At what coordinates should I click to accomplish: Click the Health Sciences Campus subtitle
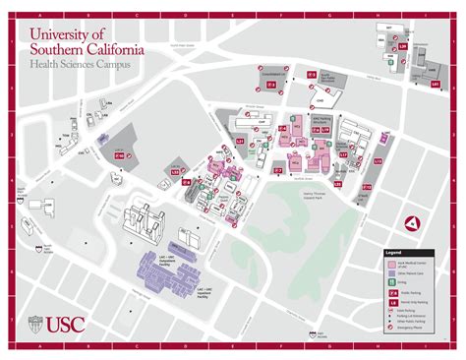click(x=79, y=65)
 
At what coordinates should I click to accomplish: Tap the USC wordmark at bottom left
click(x=64, y=323)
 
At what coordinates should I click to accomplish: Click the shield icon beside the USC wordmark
click(x=35, y=323)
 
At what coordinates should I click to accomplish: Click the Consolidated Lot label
click(x=275, y=73)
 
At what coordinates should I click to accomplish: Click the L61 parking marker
click(x=436, y=86)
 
